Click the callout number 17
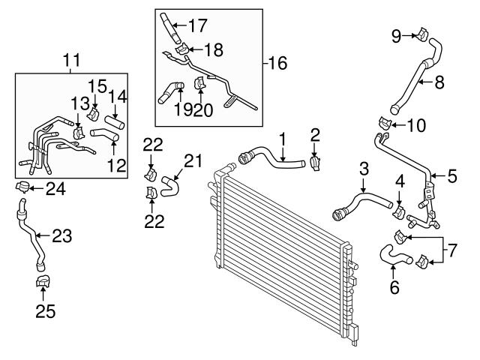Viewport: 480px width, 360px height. (197, 25)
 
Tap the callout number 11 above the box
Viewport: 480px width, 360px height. (72, 60)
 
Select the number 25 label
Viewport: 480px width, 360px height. (46, 312)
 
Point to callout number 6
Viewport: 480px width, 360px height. (394, 287)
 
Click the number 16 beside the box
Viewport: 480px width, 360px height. (277, 63)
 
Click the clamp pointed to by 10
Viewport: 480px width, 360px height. (385, 123)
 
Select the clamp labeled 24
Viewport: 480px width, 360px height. (22, 187)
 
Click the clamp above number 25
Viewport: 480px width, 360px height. (43, 281)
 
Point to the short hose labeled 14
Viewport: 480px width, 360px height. (115, 122)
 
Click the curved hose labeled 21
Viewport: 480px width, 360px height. (169, 186)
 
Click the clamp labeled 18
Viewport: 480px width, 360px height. (181, 49)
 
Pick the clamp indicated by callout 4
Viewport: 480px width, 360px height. (399, 211)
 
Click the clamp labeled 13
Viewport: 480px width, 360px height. (78, 133)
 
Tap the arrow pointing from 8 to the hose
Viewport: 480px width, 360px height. (426, 82)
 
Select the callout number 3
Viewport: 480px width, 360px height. (364, 169)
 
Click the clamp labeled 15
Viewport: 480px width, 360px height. (93, 114)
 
